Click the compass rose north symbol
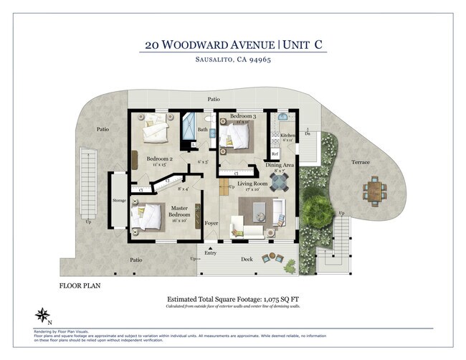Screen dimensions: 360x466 pyautogui.click(x=42, y=314)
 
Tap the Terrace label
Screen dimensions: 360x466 pyautogui.click(x=360, y=162)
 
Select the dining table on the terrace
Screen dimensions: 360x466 pyautogui.click(x=373, y=190)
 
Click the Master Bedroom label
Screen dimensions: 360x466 pyautogui.click(x=180, y=212)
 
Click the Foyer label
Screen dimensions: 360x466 pyautogui.click(x=211, y=223)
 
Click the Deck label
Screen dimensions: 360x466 pyautogui.click(x=247, y=260)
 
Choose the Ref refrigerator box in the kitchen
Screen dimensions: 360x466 pyautogui.click(x=275, y=153)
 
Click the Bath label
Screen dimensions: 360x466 pyautogui.click(x=202, y=130)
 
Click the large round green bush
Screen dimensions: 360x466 pyautogui.click(x=315, y=210)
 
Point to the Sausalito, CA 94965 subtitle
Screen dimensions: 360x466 pyautogui.click(x=234, y=60)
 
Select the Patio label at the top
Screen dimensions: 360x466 pyautogui.click(x=214, y=99)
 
